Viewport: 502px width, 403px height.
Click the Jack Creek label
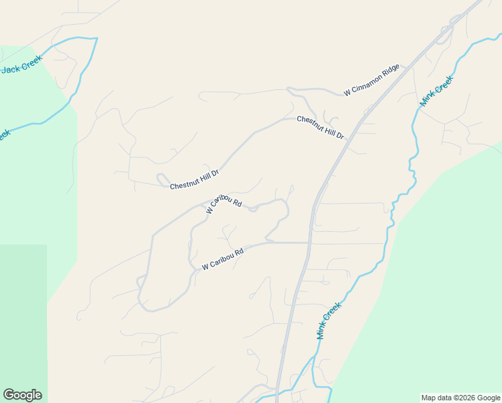(x=21, y=67)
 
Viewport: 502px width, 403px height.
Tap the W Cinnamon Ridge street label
(x=372, y=80)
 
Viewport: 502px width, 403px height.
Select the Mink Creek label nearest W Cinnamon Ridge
(x=436, y=91)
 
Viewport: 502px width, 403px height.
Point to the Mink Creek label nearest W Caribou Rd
(x=329, y=320)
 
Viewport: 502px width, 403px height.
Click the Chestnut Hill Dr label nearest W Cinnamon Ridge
(x=320, y=127)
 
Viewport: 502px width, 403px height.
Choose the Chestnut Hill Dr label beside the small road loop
(x=195, y=180)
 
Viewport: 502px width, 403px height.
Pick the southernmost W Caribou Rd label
(x=222, y=258)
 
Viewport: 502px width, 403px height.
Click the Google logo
(x=22, y=395)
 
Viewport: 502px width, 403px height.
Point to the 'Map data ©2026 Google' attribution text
(x=460, y=398)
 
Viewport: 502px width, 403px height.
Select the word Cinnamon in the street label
(x=368, y=82)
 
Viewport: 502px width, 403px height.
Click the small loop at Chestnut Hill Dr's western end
(x=162, y=179)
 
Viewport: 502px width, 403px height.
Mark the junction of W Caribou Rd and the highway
(x=309, y=242)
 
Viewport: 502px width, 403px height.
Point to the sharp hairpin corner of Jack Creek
(x=96, y=39)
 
